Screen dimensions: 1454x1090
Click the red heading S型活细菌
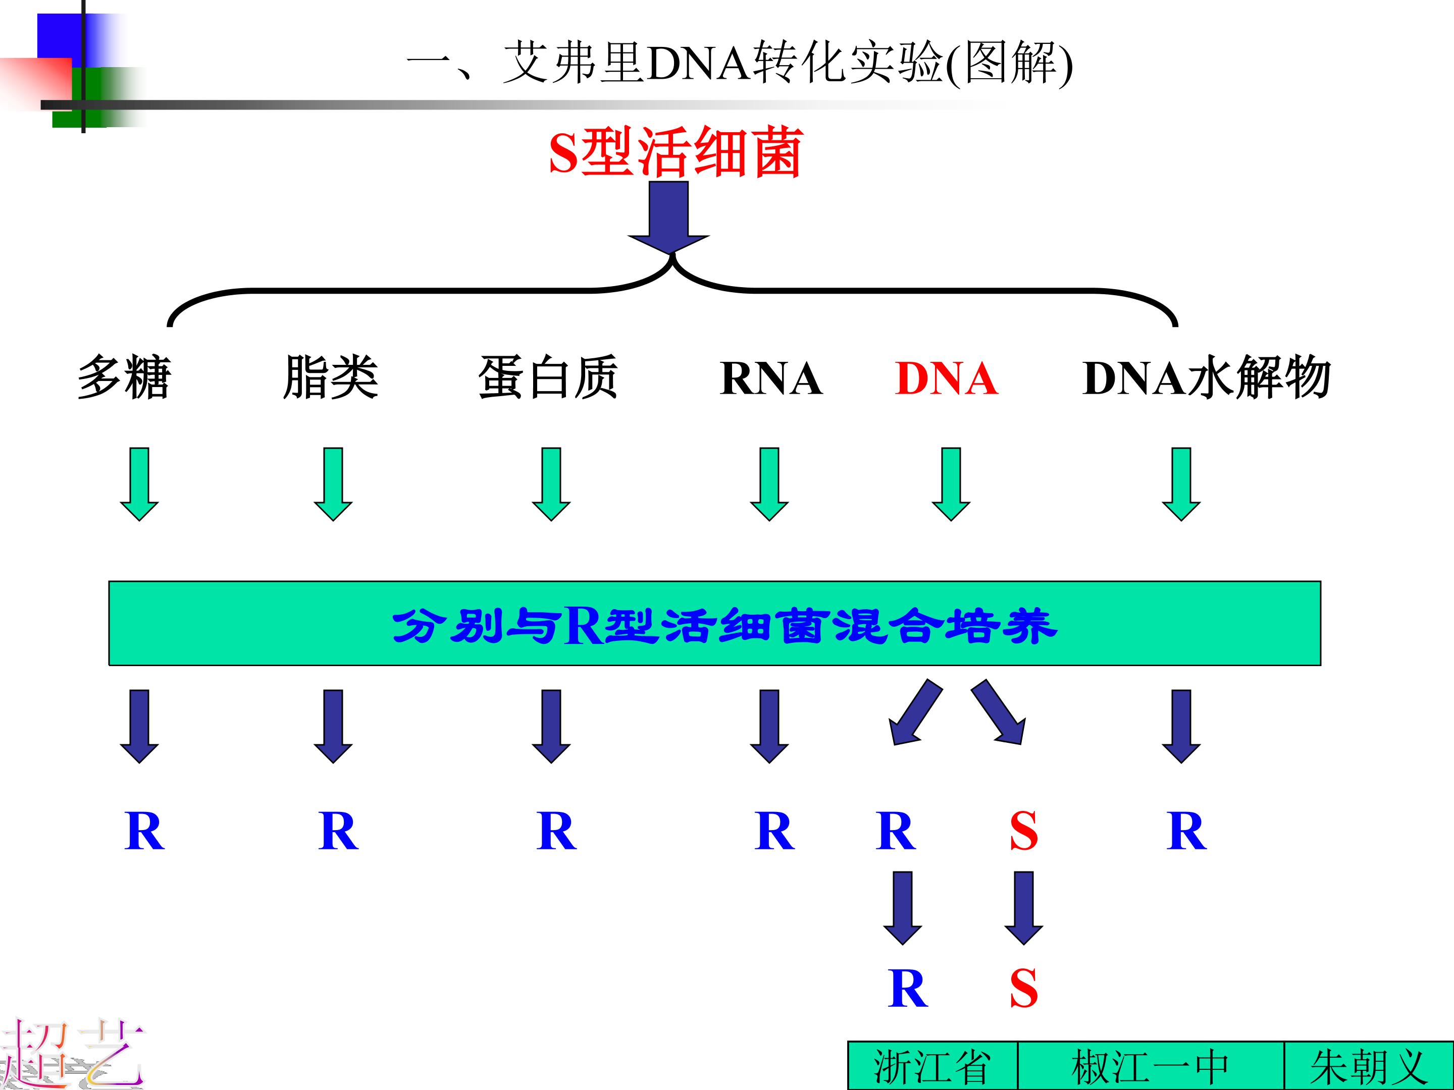[x=676, y=152]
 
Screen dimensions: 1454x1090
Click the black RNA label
[x=771, y=378]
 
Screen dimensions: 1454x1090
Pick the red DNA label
[x=947, y=378]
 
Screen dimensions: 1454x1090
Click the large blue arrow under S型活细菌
[x=668, y=217]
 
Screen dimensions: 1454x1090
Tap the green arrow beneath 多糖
[x=139, y=484]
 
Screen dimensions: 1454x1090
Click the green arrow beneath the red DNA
[x=951, y=484]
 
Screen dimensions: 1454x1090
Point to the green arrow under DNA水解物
[x=1181, y=484]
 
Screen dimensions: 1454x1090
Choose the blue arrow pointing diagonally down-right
[x=998, y=712]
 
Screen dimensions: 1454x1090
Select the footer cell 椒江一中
[x=1150, y=1066]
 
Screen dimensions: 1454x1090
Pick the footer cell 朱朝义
[x=1369, y=1066]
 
